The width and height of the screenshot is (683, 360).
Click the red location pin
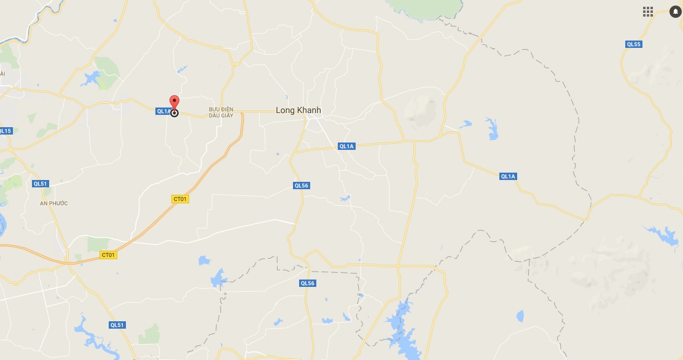(x=174, y=102)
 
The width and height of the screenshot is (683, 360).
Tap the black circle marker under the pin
(x=174, y=113)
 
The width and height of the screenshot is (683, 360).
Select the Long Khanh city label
(x=299, y=110)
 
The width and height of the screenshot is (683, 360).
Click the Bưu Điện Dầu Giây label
(x=221, y=112)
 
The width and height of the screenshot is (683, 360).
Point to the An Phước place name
(x=54, y=203)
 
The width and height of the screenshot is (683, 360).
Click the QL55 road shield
(x=633, y=44)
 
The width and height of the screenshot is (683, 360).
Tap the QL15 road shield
(x=6, y=131)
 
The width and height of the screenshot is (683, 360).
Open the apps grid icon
(x=647, y=12)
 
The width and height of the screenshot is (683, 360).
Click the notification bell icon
(x=674, y=12)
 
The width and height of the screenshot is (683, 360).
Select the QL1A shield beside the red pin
(x=163, y=111)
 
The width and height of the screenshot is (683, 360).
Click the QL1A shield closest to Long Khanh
(x=346, y=146)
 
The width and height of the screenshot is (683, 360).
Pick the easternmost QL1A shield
(x=508, y=176)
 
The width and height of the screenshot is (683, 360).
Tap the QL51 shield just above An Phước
(x=41, y=184)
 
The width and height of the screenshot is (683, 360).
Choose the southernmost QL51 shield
(x=117, y=325)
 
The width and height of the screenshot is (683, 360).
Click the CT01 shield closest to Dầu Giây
(x=179, y=199)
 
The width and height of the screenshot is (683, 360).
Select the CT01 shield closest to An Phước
(x=108, y=254)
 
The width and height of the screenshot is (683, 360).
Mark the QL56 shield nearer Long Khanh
(x=301, y=186)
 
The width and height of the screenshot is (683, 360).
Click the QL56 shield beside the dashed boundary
(x=307, y=283)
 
